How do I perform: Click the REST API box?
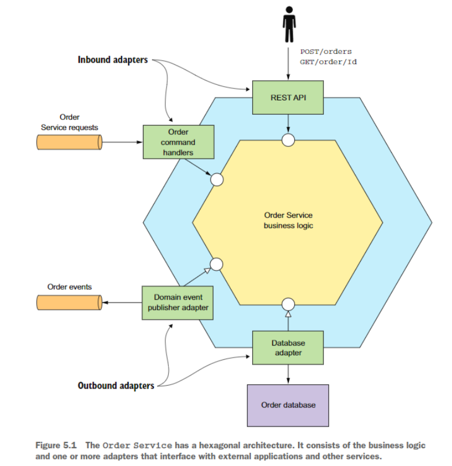[288, 98]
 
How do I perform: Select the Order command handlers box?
[178, 142]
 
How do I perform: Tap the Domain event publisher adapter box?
[177, 302]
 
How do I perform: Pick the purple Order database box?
[288, 405]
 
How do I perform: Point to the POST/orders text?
[326, 52]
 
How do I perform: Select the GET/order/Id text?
[328, 62]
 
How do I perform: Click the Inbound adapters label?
[113, 59]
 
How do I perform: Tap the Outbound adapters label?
[116, 386]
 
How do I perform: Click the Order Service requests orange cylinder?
[69, 142]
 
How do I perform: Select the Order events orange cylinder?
[69, 302]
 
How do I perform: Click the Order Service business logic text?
[288, 220]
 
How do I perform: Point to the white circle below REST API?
[288, 139]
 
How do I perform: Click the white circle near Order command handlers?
[217, 180]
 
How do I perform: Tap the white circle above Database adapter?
[288, 304]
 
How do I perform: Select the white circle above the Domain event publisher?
[216, 264]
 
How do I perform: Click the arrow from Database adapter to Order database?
[288, 374]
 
